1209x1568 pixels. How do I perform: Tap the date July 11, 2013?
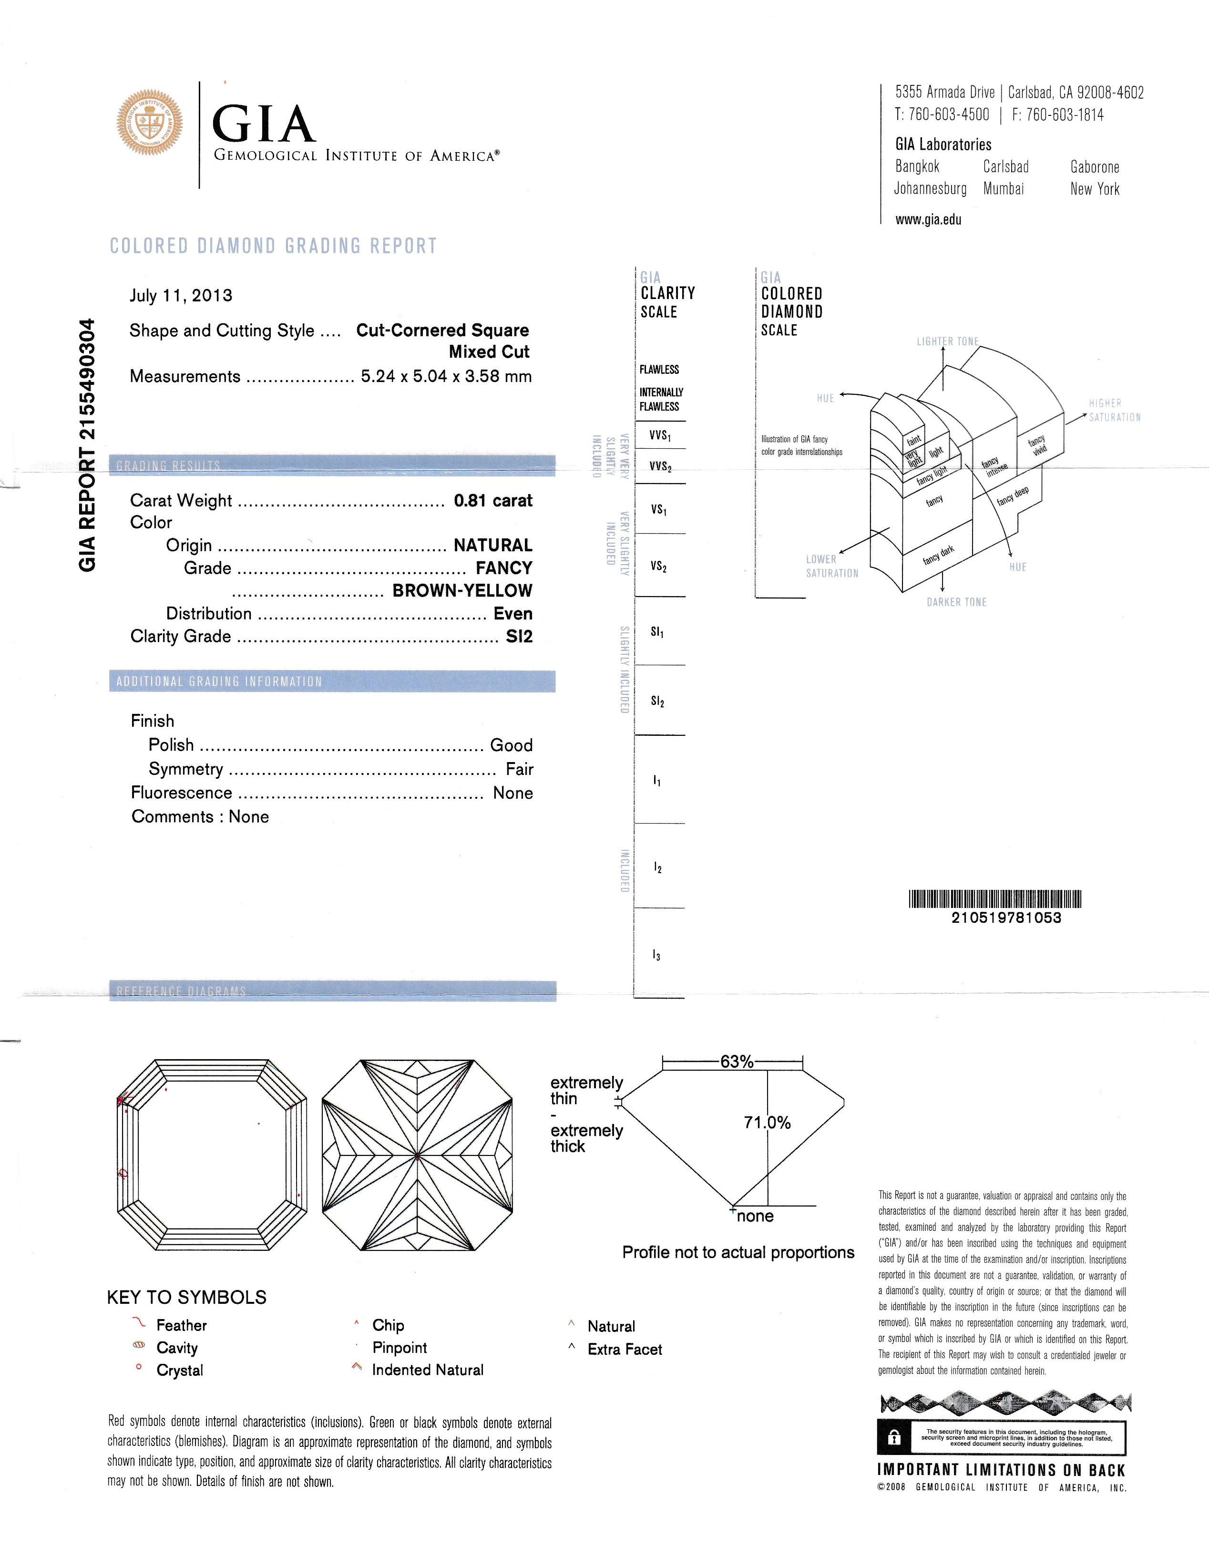pyautogui.click(x=181, y=296)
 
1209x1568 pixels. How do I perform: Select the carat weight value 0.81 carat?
pyautogui.click(x=492, y=500)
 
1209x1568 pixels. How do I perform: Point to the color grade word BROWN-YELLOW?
pyautogui.click(x=462, y=591)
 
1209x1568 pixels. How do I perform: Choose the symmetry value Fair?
pyautogui.click(x=519, y=769)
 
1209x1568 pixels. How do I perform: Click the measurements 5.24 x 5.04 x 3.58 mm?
pyautogui.click(x=446, y=376)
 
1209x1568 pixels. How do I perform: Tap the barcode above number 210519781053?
pyautogui.click(x=994, y=899)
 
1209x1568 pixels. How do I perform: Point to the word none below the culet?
pyautogui.click(x=755, y=1216)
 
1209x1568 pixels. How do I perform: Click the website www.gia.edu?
pyautogui.click(x=928, y=220)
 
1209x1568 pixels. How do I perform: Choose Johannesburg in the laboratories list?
pyautogui.click(x=930, y=189)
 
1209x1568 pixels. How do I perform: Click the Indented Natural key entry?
pyautogui.click(x=427, y=1370)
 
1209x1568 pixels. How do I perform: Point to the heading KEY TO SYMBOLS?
pyautogui.click(x=187, y=1297)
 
